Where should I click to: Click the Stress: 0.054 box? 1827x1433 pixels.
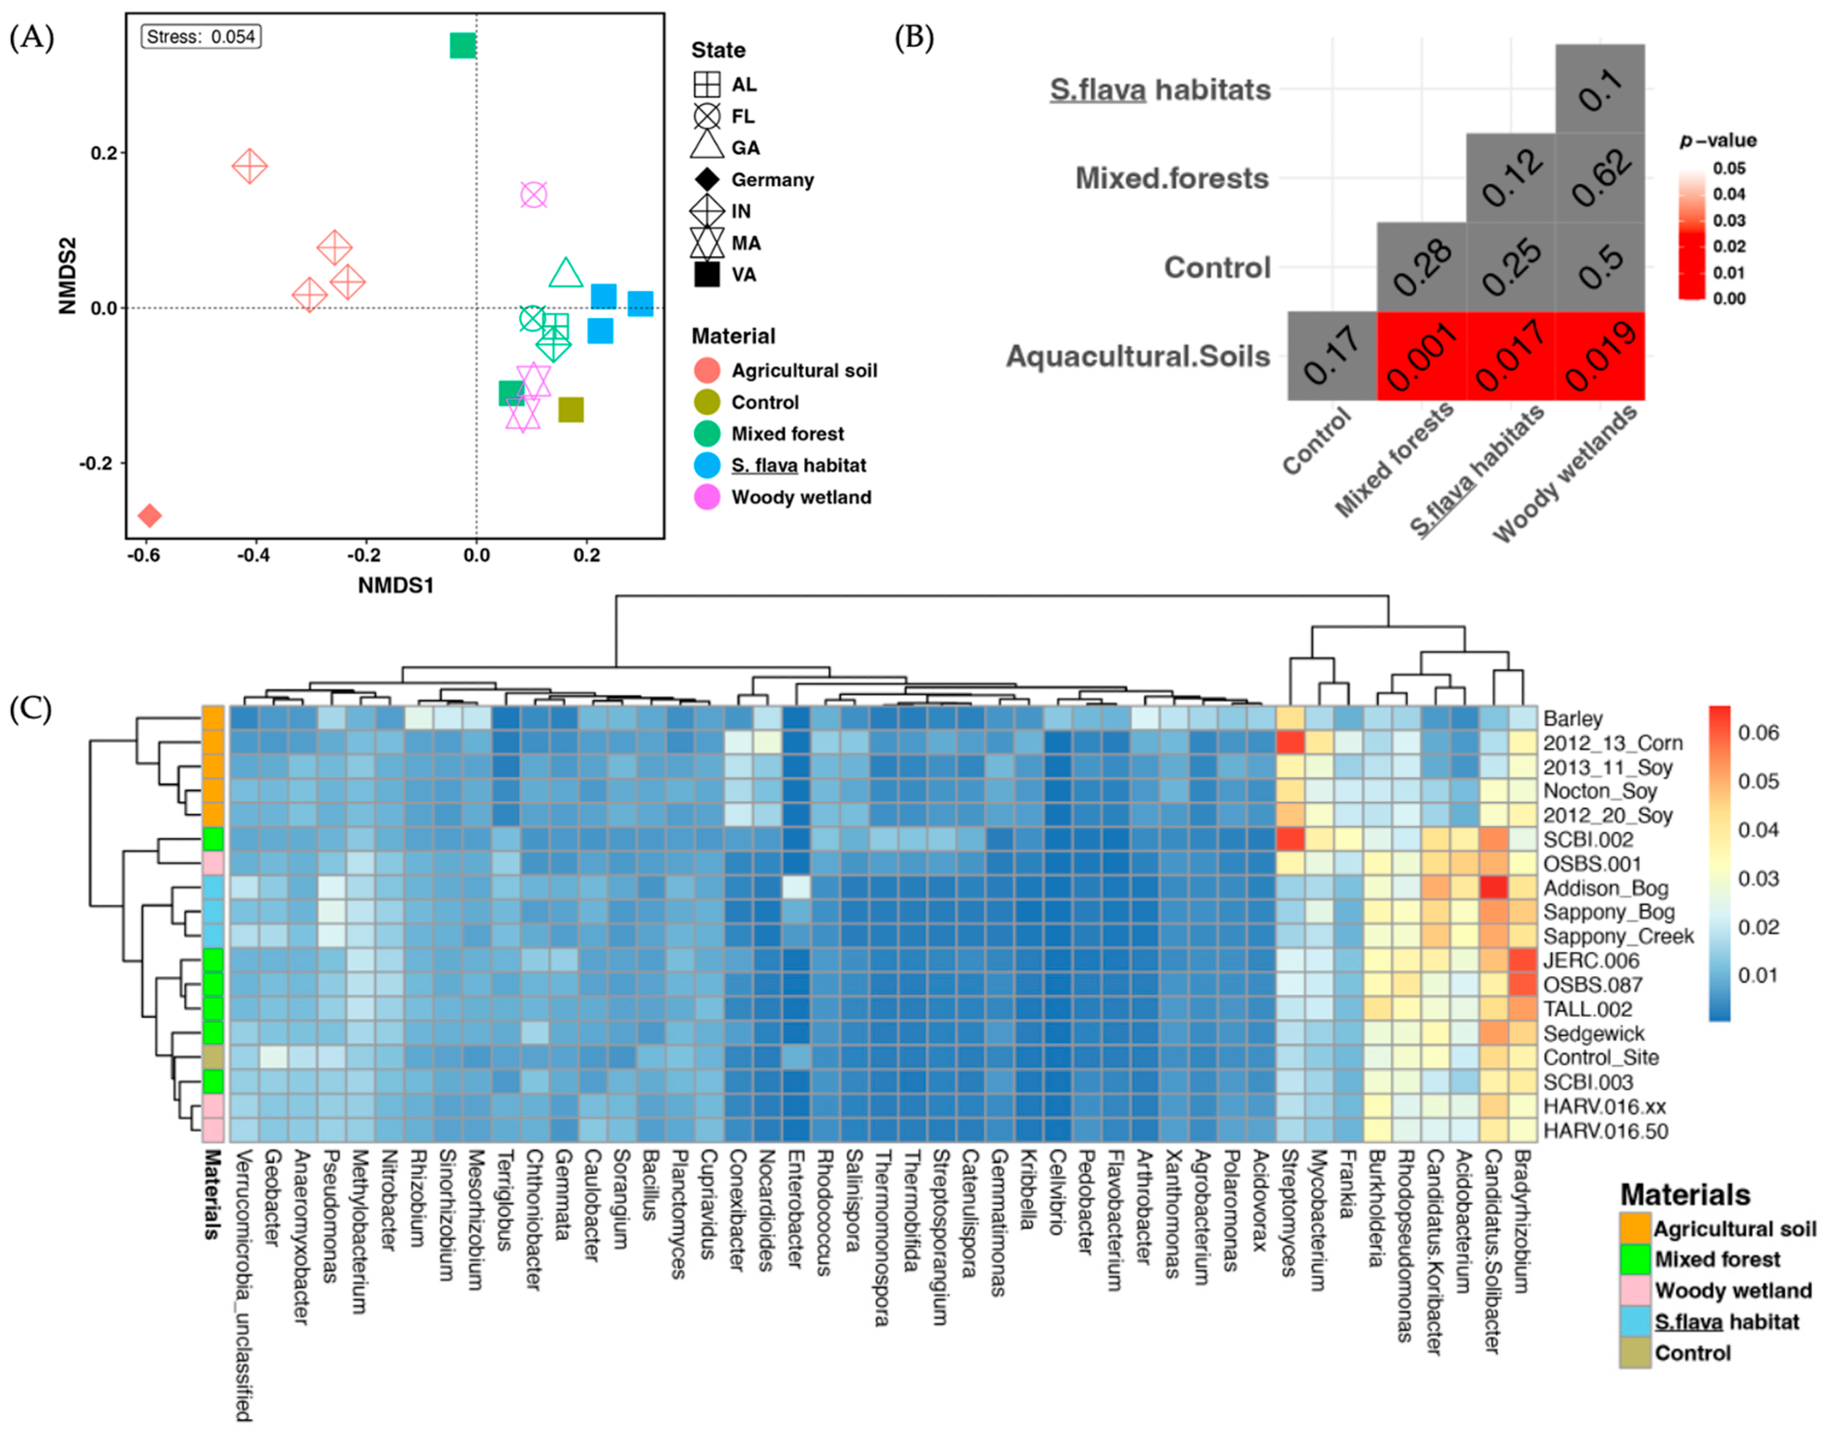[200, 37]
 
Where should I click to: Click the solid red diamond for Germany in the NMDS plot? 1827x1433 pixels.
[149, 515]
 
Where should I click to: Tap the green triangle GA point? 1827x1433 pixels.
[566, 273]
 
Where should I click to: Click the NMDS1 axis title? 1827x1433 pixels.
[395, 585]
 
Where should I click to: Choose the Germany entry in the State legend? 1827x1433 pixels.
[772, 180]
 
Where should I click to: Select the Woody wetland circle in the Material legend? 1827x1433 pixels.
[707, 497]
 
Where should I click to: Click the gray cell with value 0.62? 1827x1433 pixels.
[1599, 178]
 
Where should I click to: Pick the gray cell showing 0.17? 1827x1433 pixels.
[1332, 356]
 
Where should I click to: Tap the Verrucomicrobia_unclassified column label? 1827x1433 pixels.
[243, 1284]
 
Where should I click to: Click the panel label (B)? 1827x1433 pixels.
[914, 38]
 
